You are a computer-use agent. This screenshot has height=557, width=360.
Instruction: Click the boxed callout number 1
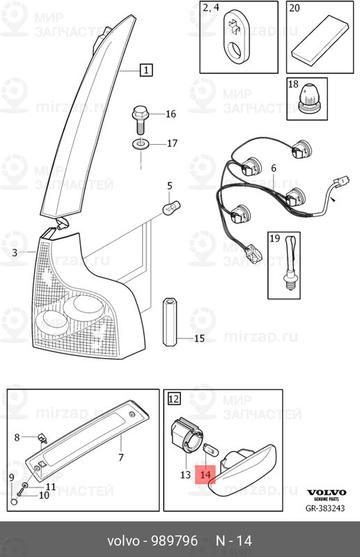point(146,70)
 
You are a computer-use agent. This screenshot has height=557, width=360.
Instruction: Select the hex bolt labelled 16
point(140,120)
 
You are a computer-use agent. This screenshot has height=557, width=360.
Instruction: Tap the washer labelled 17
point(140,144)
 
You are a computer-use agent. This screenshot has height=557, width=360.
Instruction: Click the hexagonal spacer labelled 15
point(170,322)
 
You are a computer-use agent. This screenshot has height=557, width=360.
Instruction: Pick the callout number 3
point(15,253)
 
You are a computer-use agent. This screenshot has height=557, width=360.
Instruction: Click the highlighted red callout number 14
point(205,475)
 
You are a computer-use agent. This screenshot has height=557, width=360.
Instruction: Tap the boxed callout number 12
point(174,398)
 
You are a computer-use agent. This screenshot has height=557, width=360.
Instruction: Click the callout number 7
point(121,457)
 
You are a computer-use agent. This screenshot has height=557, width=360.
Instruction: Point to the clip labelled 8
point(42,438)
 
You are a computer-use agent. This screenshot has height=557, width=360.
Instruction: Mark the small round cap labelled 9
point(14,502)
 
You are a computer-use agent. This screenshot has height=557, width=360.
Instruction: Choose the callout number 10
point(44,495)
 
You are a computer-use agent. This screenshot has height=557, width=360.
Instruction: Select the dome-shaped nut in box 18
point(308,98)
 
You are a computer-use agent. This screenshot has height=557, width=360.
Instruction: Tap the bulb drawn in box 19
point(290,263)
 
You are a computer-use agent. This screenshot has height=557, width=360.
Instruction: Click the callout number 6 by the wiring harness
point(273,168)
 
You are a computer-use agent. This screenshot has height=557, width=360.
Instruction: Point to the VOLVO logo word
point(327,492)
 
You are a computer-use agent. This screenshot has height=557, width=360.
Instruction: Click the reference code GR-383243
point(325,508)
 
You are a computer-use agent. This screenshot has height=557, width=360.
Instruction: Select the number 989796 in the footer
point(175,541)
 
